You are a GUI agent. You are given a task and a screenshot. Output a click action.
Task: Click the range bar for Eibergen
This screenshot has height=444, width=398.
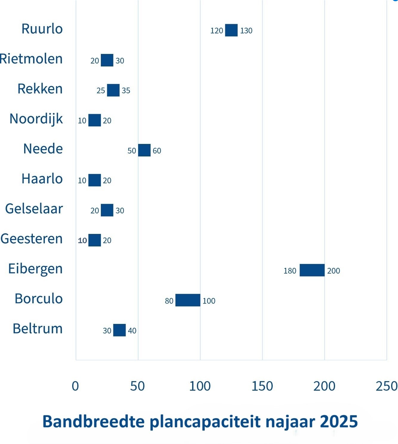pyautogui.click(x=312, y=270)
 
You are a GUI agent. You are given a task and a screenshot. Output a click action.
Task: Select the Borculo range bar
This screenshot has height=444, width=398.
pyautogui.click(x=188, y=300)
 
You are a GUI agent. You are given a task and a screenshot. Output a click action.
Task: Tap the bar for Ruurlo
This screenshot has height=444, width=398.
pyautogui.click(x=231, y=30)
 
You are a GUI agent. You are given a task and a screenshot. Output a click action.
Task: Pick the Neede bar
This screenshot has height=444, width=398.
pyautogui.click(x=144, y=150)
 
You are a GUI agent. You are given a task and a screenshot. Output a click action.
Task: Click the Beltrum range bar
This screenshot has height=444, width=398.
pyautogui.click(x=119, y=330)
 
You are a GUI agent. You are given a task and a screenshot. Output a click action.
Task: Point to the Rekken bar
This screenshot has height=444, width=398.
pyautogui.click(x=113, y=90)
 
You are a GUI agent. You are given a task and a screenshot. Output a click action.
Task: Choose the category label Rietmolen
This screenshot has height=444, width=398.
pyautogui.click(x=31, y=59)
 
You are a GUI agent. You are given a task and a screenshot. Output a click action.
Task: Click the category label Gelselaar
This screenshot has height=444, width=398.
pyautogui.click(x=34, y=209)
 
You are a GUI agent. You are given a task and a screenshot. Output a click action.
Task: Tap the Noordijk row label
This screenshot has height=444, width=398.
pyautogui.click(x=36, y=119)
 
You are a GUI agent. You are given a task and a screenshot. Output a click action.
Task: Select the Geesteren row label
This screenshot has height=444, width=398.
pyautogui.click(x=32, y=239)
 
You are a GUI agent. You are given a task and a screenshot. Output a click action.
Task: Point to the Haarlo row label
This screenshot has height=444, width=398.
pyautogui.click(x=42, y=179)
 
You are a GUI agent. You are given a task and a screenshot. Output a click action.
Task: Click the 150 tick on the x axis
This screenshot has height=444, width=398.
pyautogui.click(x=262, y=386)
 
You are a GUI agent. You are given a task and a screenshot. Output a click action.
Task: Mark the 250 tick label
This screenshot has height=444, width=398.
pyautogui.click(x=387, y=386)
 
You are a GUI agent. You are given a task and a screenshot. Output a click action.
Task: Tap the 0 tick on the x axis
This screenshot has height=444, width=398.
pyautogui.click(x=75, y=386)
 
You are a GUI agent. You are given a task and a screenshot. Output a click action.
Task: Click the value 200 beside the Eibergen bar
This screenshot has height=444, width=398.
pyautogui.click(x=334, y=271)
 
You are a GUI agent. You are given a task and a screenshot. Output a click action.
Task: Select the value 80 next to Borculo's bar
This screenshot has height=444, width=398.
pyautogui.click(x=169, y=301)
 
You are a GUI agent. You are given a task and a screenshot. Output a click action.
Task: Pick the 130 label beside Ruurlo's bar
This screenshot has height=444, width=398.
pyautogui.click(x=246, y=31)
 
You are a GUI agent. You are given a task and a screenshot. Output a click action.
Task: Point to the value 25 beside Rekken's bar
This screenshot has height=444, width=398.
pyautogui.click(x=101, y=91)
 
